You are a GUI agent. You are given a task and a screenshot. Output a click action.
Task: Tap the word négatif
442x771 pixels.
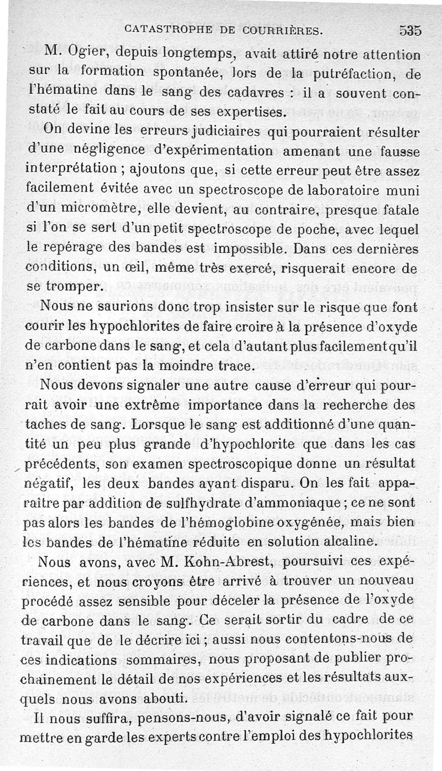click(51, 483)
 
